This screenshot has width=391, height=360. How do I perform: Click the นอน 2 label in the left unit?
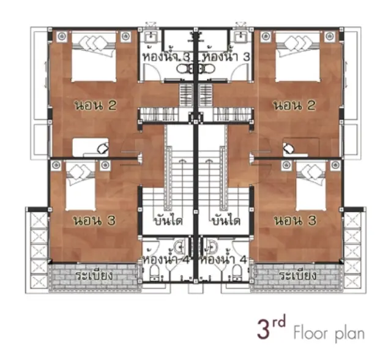tap(95, 106)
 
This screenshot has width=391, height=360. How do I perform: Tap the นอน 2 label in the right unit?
tap(294, 105)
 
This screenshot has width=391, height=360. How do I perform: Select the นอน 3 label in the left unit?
tap(94, 220)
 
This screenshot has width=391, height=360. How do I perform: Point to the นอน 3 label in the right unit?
tap(296, 220)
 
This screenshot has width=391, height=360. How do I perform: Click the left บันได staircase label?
tap(168, 221)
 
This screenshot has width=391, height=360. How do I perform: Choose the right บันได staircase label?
tap(226, 221)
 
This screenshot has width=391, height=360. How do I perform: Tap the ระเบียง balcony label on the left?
tap(94, 276)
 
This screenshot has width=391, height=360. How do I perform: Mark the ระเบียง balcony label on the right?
tap(297, 276)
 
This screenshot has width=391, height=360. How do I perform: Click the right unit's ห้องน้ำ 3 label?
tap(226, 56)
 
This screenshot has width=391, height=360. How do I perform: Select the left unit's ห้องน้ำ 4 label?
tap(166, 259)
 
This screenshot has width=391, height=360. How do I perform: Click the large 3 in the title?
tap(264, 330)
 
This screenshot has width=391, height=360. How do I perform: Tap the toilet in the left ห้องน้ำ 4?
tap(155, 272)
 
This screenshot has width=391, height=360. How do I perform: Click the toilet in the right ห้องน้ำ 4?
tap(237, 272)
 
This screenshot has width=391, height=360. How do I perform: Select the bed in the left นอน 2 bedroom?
tap(94, 56)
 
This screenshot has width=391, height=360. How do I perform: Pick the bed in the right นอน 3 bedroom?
tap(311, 186)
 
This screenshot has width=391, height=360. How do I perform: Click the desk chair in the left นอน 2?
tap(103, 148)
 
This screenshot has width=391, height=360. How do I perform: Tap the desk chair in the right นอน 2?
tap(289, 148)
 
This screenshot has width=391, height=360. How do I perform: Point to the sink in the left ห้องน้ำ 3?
tap(151, 37)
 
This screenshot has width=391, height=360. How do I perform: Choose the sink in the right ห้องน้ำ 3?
tap(240, 37)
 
